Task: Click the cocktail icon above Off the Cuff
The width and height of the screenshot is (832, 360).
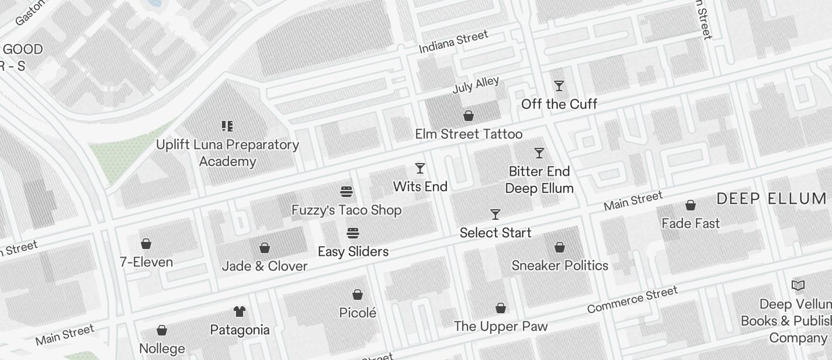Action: [559, 86]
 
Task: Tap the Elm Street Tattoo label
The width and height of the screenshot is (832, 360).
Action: [469, 134]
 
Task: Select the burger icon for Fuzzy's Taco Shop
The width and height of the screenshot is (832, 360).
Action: [346, 192]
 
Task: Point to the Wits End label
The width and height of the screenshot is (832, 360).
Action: [420, 187]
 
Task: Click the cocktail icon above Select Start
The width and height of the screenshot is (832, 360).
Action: [495, 214]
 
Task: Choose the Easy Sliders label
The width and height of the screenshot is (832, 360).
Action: [353, 252]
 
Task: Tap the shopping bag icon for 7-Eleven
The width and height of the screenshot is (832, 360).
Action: [146, 244]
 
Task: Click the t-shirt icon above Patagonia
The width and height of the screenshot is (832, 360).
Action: [240, 311]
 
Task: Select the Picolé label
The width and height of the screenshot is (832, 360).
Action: [358, 313]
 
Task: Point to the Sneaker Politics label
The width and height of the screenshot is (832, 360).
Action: [560, 266]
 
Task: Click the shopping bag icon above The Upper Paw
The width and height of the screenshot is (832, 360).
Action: [501, 308]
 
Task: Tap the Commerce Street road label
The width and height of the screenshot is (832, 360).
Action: [632, 299]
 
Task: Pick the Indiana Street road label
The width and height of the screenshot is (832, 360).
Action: [453, 42]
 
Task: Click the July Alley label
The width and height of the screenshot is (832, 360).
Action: [476, 85]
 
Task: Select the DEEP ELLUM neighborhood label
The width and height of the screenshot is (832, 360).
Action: [771, 199]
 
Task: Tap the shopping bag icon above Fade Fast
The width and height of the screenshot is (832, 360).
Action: [691, 205]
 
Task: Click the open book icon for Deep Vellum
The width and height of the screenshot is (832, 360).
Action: [798, 286]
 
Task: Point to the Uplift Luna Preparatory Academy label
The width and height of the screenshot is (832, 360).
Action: [227, 153]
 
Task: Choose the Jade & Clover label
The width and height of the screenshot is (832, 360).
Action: [265, 266]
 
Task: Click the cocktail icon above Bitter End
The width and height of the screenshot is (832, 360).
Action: [539, 153]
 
